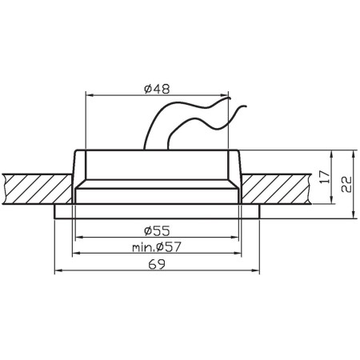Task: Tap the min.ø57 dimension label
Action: coord(157,247)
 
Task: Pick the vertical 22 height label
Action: coord(346,184)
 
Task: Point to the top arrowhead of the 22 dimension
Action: coord(352,152)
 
